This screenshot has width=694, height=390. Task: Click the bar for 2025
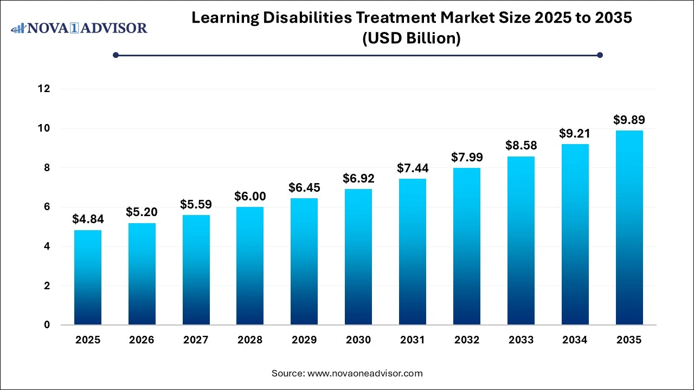(x=88, y=277)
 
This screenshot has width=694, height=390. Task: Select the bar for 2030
(x=358, y=257)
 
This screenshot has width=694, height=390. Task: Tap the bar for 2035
(x=629, y=227)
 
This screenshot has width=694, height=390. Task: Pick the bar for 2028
(x=250, y=265)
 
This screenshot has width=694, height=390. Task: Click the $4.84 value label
(x=88, y=219)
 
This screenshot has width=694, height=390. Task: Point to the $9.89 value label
(x=629, y=120)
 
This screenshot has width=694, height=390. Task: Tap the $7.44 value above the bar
(x=412, y=168)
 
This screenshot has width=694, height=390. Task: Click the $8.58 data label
(x=520, y=146)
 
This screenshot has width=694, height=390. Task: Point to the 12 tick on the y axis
(x=44, y=89)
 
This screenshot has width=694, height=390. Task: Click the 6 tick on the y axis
(x=47, y=207)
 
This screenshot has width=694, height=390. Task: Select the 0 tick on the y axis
(x=47, y=325)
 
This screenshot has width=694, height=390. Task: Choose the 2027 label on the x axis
(x=196, y=340)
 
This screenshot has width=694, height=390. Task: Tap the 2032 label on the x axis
(x=466, y=340)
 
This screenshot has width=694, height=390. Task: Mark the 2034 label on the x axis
(x=575, y=340)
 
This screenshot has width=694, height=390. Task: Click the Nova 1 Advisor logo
(x=79, y=28)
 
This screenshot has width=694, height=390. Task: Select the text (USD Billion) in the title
(x=412, y=39)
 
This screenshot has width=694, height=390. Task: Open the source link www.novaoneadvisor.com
(x=365, y=373)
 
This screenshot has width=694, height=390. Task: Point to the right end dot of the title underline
(x=600, y=55)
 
